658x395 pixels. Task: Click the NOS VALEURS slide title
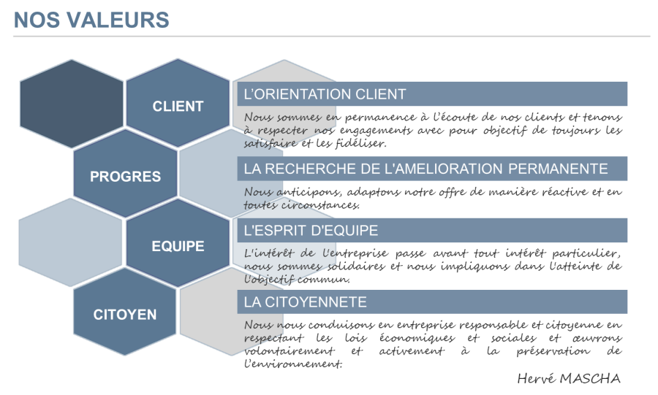coord(91,20)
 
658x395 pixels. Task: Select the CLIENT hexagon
coord(178,106)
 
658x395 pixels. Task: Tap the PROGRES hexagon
coord(125,177)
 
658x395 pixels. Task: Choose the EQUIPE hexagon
coord(178,246)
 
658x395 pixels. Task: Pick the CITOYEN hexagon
coord(125,315)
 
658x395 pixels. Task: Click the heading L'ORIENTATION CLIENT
coord(325,94)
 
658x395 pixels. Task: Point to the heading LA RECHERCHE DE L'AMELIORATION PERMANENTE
coord(426,169)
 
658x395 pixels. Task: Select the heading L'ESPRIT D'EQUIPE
coord(311,231)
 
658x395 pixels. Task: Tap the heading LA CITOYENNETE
coord(306,302)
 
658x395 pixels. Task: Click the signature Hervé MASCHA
coord(569,377)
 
